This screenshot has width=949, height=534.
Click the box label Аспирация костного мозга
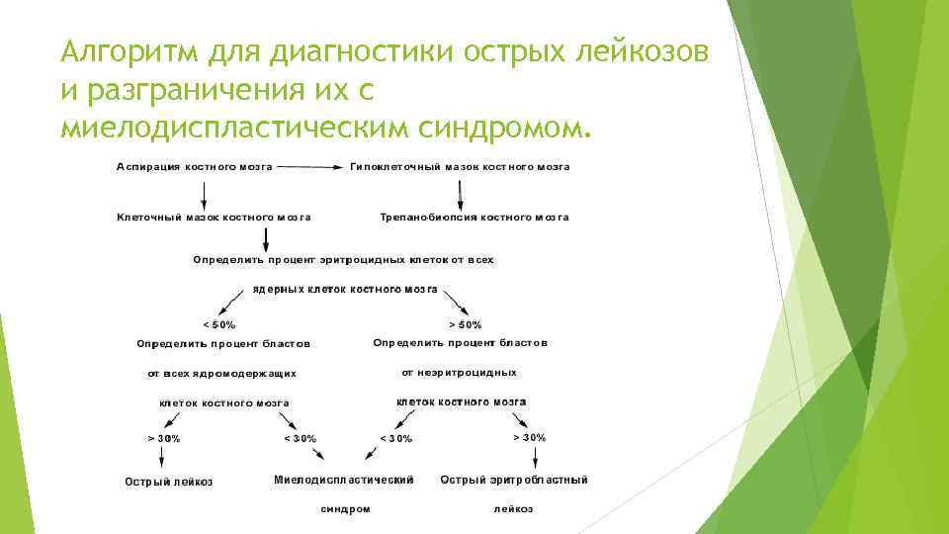195,168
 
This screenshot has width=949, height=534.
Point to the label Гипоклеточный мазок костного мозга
460,168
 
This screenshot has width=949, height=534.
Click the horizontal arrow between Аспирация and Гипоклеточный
310,168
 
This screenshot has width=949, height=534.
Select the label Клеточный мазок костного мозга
215,217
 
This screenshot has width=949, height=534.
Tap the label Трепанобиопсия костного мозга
474,217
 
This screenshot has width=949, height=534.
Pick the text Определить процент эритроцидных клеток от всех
343,260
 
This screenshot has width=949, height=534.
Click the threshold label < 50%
219,323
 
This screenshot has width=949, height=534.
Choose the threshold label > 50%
466,323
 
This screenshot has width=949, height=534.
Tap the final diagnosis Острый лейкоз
168,483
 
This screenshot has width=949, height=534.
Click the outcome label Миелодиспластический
343,480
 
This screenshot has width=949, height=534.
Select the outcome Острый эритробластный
514,480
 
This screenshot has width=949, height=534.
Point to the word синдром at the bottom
346,509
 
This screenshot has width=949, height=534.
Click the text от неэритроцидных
459,373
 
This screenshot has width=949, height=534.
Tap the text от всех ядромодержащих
221,374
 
